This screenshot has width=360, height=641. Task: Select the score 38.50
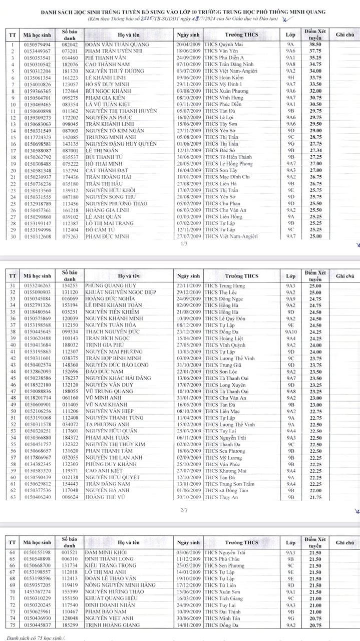point(314,44)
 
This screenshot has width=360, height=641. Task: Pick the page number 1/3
point(183,243)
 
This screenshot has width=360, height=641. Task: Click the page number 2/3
point(183,510)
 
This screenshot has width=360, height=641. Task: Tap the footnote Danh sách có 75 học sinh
point(36,638)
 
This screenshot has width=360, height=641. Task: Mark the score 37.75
point(314,51)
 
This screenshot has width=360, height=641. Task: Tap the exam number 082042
point(70,44)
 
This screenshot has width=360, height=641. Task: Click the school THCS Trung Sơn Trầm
point(229,484)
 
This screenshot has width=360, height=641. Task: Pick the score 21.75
point(314,498)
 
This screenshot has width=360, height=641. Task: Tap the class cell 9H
point(290,78)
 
